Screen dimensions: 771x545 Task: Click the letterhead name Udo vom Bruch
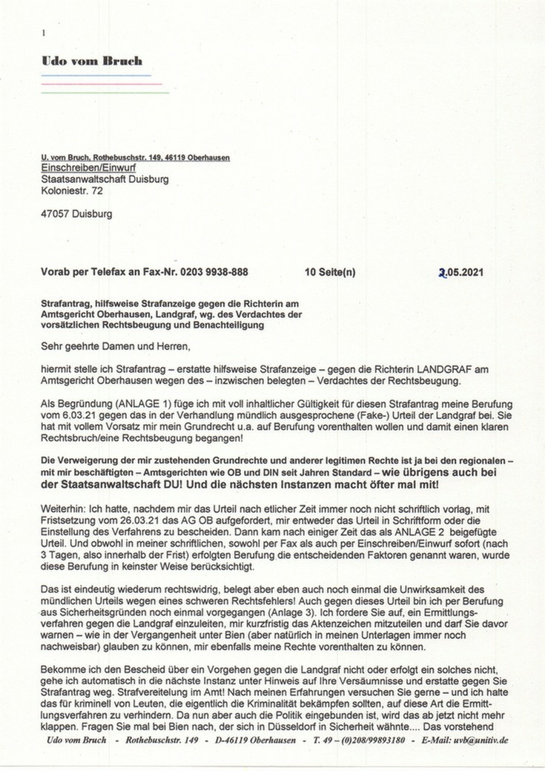tap(92, 62)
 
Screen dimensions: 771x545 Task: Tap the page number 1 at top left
tap(44, 33)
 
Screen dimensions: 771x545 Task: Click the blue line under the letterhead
tap(96, 76)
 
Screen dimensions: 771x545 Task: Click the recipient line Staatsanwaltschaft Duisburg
tap(105, 179)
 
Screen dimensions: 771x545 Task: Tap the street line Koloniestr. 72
tap(72, 191)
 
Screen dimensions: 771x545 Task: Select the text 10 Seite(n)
tap(330, 272)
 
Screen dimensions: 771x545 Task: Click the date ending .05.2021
tap(463, 272)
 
